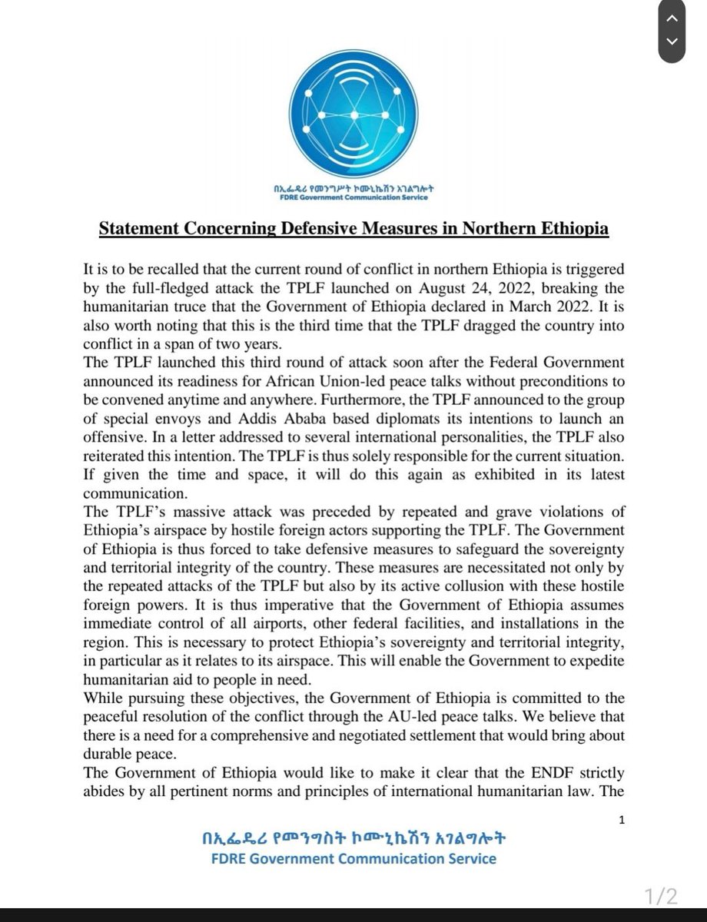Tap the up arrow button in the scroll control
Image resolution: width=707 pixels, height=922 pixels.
click(672, 17)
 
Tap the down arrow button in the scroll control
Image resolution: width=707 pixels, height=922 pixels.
click(672, 41)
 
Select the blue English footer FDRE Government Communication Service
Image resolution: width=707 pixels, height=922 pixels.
click(353, 859)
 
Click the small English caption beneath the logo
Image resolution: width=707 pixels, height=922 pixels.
click(353, 197)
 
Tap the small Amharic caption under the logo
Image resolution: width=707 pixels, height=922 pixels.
click(353, 187)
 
